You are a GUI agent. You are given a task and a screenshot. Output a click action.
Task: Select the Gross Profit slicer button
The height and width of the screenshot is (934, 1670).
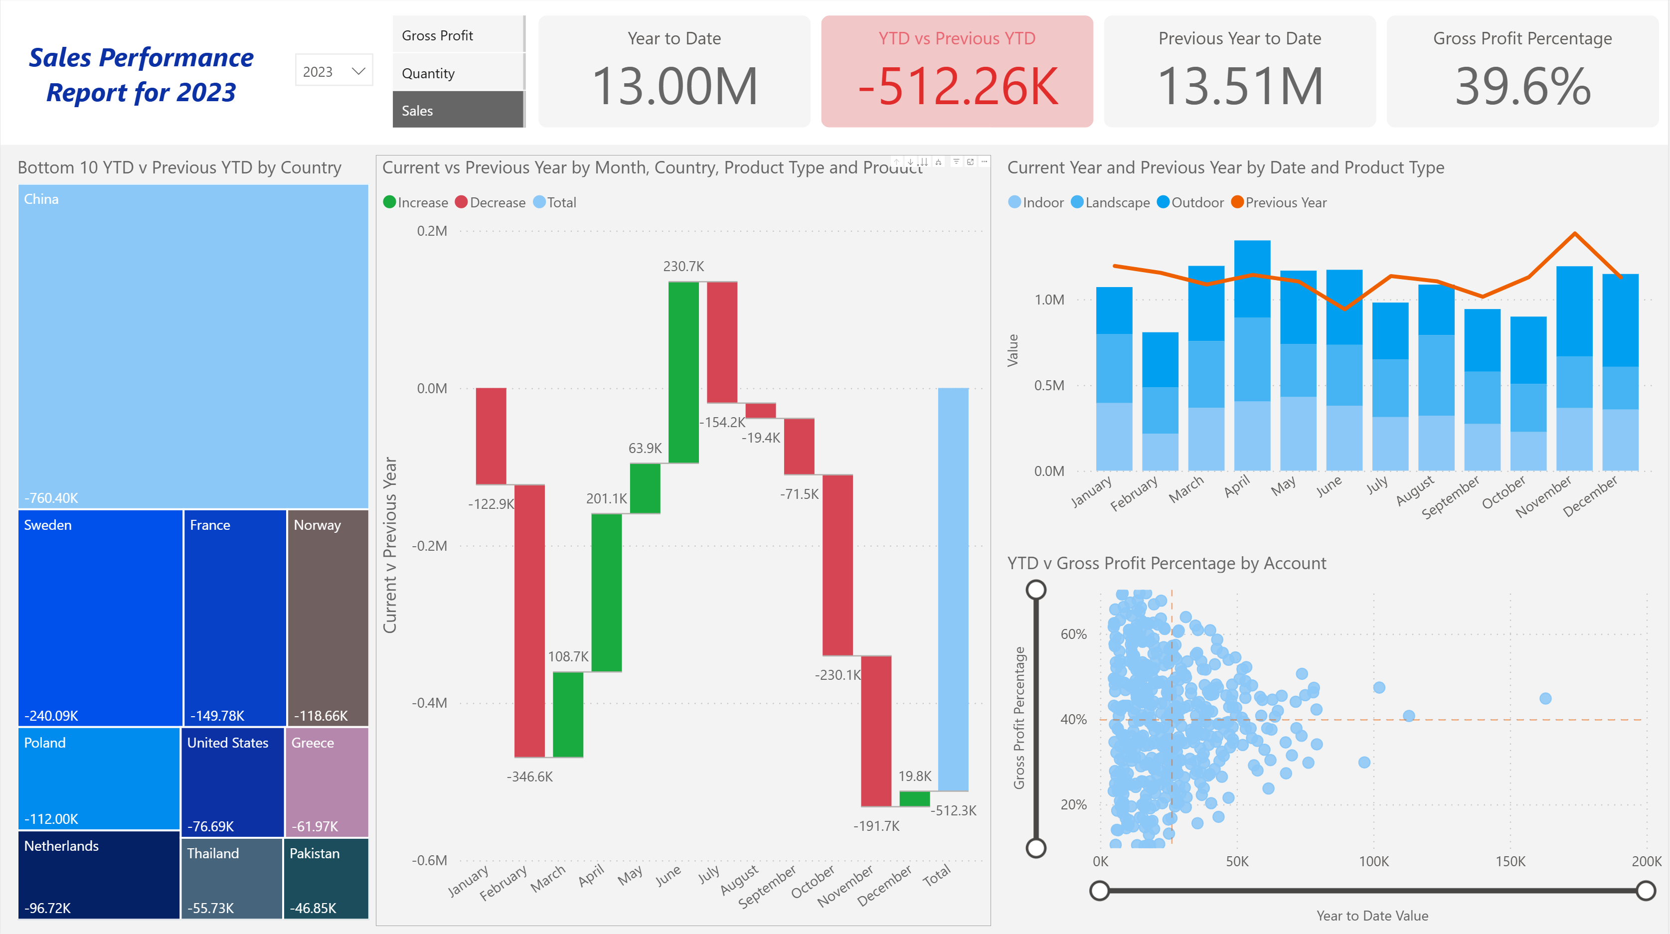(458, 36)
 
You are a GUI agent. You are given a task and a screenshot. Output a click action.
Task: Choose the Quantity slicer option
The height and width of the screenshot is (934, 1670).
(458, 73)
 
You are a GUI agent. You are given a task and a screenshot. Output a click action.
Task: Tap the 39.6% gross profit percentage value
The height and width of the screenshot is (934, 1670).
(1522, 87)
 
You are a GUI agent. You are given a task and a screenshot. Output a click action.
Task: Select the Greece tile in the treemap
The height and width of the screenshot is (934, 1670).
(326, 781)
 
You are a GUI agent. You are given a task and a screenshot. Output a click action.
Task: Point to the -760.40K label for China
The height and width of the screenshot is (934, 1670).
(51, 498)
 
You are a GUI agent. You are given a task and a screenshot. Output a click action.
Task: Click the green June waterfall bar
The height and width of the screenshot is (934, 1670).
(683, 373)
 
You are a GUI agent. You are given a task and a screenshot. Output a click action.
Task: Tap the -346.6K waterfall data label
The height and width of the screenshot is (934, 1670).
(529, 777)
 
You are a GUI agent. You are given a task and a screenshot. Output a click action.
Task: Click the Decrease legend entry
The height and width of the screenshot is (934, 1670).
(490, 202)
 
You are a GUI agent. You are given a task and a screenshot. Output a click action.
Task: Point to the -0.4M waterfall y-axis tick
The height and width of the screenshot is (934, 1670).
(430, 703)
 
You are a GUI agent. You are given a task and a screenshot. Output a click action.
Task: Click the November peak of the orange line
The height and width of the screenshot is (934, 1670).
(1574, 233)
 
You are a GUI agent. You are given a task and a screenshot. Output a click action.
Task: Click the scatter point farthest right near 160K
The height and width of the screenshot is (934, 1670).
(1545, 698)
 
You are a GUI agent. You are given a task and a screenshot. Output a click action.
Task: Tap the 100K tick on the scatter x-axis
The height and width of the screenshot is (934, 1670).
(1374, 861)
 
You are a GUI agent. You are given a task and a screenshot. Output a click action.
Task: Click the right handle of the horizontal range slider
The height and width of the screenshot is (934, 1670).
(1646, 891)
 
